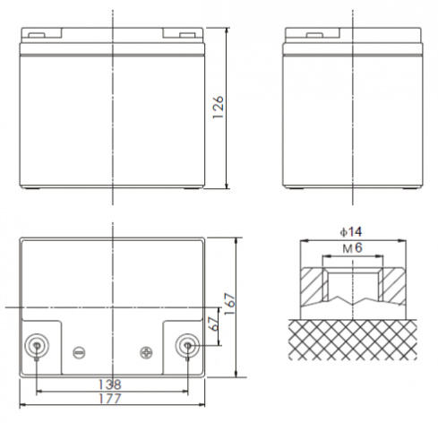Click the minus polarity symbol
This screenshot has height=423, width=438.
pyautogui.click(x=78, y=352)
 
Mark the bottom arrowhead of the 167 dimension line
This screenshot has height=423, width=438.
pyautogui.click(x=236, y=376)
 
